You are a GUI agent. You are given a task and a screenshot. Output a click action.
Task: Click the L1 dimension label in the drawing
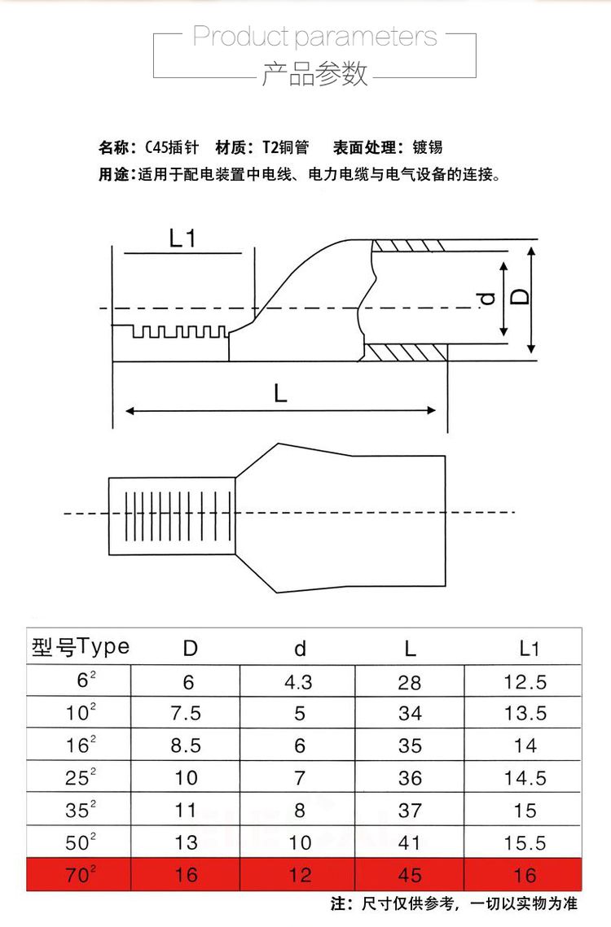coord(183,238)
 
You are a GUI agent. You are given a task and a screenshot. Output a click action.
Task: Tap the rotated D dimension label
coord(520,294)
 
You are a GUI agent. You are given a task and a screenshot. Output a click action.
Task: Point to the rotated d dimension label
coord(487,299)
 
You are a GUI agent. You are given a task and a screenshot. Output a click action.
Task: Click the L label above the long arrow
coord(280,394)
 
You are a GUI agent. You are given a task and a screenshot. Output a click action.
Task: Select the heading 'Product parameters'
coord(314,37)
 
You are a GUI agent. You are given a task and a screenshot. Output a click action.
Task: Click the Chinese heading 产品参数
coord(314,74)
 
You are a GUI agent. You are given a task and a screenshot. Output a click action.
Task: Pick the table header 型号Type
coord(81,647)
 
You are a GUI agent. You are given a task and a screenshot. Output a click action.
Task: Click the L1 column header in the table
coord(530,649)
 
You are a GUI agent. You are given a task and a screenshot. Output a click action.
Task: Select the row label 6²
coord(81,681)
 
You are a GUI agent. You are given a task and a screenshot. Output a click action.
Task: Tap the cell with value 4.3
coord(299,682)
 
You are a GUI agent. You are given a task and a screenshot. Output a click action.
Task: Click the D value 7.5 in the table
coord(187,714)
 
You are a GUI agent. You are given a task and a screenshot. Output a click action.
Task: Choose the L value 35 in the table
coord(410,746)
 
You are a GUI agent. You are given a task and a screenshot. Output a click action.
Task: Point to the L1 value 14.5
coord(525,778)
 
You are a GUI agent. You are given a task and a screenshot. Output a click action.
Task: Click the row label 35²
coord(81,810)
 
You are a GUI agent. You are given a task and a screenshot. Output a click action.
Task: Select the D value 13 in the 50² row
coord(187,842)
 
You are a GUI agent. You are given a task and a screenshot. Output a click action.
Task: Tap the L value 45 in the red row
coord(410,875)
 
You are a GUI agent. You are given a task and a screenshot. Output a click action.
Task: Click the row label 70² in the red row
coord(81,875)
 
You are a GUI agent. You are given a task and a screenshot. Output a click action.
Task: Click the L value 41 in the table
coord(410,842)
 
